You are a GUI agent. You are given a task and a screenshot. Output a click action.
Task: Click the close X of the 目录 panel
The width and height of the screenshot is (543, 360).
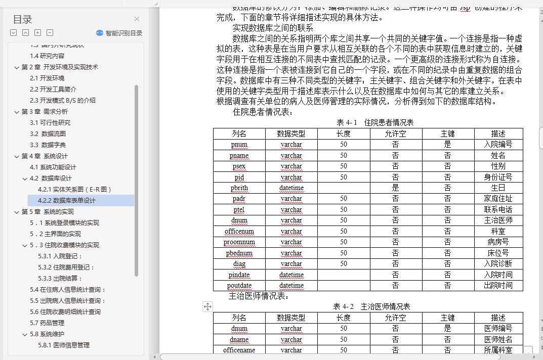point(137,19)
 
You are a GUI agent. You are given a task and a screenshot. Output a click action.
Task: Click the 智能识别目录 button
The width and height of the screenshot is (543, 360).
point(119,33)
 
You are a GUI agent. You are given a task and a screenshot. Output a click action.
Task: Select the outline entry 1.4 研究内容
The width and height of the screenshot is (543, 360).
point(47,56)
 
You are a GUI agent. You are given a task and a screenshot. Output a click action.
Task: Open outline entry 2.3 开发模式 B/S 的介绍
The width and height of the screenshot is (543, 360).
point(62,101)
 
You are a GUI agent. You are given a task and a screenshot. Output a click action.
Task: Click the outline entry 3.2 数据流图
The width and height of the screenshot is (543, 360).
point(48,134)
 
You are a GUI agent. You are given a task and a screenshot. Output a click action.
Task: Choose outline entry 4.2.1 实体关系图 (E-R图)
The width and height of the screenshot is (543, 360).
point(74,190)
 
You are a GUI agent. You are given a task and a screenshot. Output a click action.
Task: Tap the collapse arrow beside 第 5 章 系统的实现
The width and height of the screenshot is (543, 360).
point(17,212)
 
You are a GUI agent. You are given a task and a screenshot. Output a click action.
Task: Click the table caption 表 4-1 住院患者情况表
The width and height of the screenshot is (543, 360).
point(375,122)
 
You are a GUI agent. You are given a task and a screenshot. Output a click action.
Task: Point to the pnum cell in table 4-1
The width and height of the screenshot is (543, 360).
point(239,145)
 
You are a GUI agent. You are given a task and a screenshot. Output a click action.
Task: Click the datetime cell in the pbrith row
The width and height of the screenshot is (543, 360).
point(291,188)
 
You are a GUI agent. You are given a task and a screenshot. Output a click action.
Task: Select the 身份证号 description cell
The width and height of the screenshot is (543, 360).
point(498,177)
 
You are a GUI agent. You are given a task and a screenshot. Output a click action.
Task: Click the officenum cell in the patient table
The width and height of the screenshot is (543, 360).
point(239,232)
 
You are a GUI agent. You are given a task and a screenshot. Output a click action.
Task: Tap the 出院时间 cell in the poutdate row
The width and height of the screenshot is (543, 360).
point(498,286)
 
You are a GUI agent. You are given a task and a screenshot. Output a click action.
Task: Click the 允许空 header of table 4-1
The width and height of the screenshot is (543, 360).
point(395,133)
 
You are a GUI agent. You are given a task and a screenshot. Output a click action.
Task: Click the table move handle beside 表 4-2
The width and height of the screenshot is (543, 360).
point(207,306)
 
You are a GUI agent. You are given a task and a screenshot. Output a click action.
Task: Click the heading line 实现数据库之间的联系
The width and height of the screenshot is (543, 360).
point(273,28)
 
